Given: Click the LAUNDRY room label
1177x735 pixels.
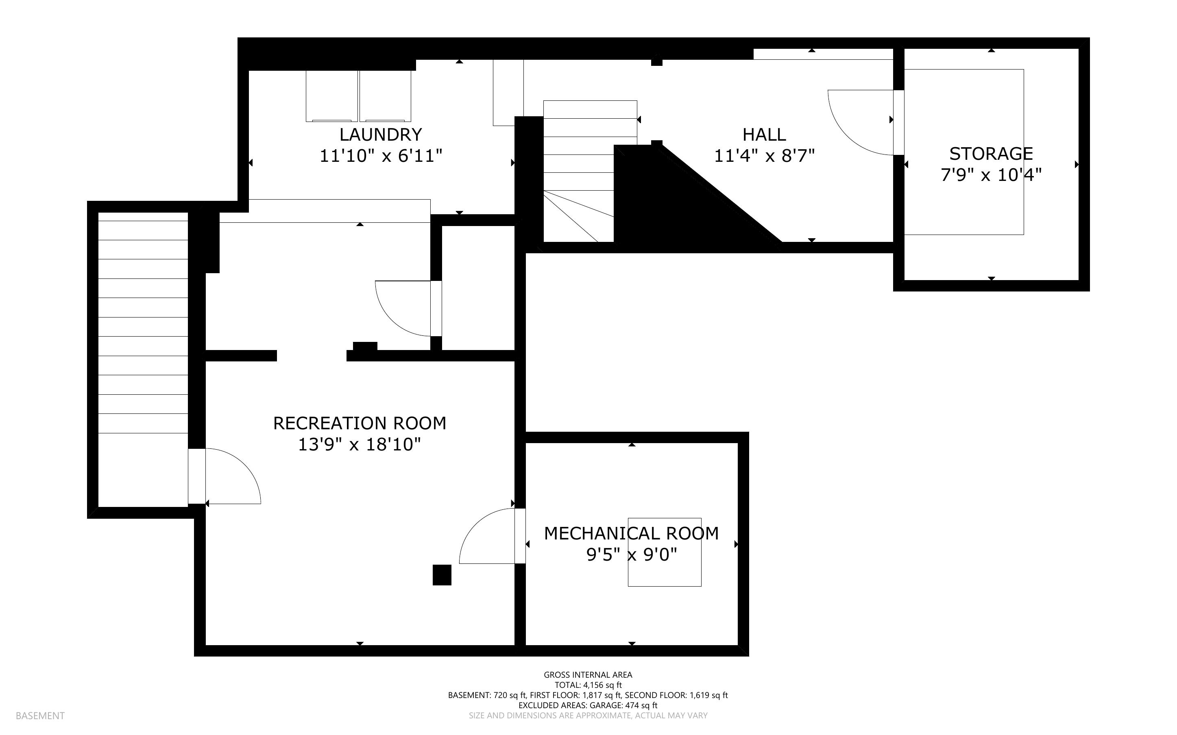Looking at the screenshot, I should tap(380, 135).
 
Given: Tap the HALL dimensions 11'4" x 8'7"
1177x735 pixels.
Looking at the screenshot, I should tap(764, 156).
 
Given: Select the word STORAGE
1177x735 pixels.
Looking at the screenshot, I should tap(991, 154).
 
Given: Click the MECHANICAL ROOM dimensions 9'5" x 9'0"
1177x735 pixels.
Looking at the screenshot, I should tap(631, 555).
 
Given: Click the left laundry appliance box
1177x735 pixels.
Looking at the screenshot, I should tap(331, 96).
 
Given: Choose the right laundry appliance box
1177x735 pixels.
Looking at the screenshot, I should tap(385, 96).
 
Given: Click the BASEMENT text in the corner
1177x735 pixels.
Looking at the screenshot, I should tap(40, 715).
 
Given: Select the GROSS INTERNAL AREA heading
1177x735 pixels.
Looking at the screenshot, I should tap(587, 675).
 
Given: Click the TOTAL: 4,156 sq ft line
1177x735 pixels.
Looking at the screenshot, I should tap(587, 685).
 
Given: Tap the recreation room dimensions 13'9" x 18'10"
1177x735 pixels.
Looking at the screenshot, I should tap(359, 445).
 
